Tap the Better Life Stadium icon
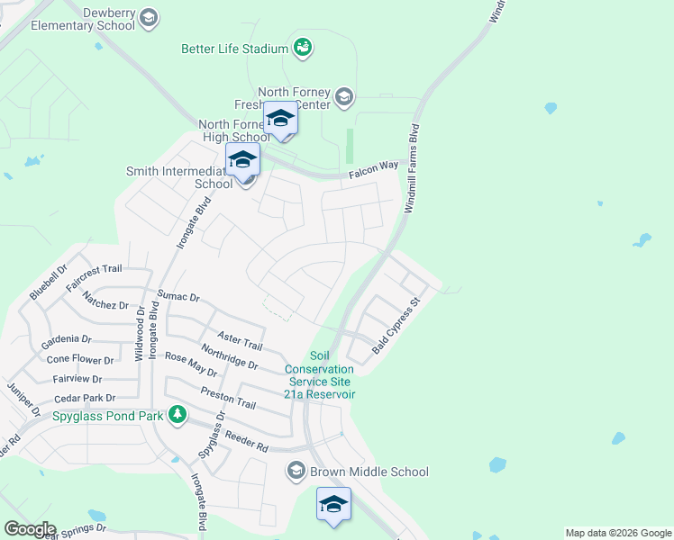tap(303, 47)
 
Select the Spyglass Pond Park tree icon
tap(178, 415)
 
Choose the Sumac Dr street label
tap(178, 295)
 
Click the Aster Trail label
tap(239, 339)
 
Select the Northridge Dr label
tap(230, 358)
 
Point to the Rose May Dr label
tap(190, 364)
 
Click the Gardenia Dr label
tap(68, 339)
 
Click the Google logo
tap(29, 529)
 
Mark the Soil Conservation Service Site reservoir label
tap(320, 375)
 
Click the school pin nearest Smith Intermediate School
tap(242, 160)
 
